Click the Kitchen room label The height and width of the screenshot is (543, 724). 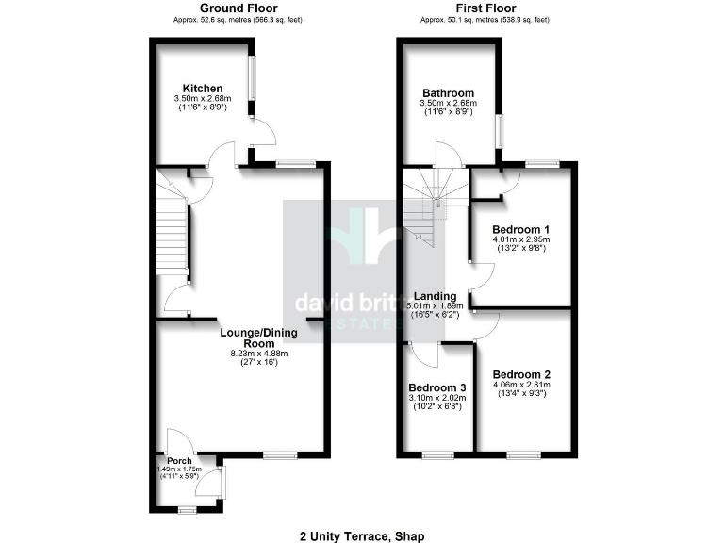click(204, 89)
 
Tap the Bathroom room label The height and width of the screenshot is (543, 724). click(448, 93)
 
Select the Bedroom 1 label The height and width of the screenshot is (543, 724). click(521, 229)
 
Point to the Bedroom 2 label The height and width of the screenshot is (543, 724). click(521, 374)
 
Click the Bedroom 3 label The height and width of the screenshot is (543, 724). click(436, 387)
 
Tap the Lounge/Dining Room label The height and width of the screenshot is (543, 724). click(258, 337)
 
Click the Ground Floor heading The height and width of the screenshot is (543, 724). click(237, 8)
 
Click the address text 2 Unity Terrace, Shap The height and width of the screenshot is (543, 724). click(361, 535)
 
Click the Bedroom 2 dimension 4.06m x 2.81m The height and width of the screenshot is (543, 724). click(521, 385)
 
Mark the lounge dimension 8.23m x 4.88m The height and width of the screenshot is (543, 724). click(258, 354)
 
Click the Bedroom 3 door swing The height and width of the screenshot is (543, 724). click(426, 355)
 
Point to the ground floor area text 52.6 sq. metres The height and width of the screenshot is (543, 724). click(237, 19)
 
